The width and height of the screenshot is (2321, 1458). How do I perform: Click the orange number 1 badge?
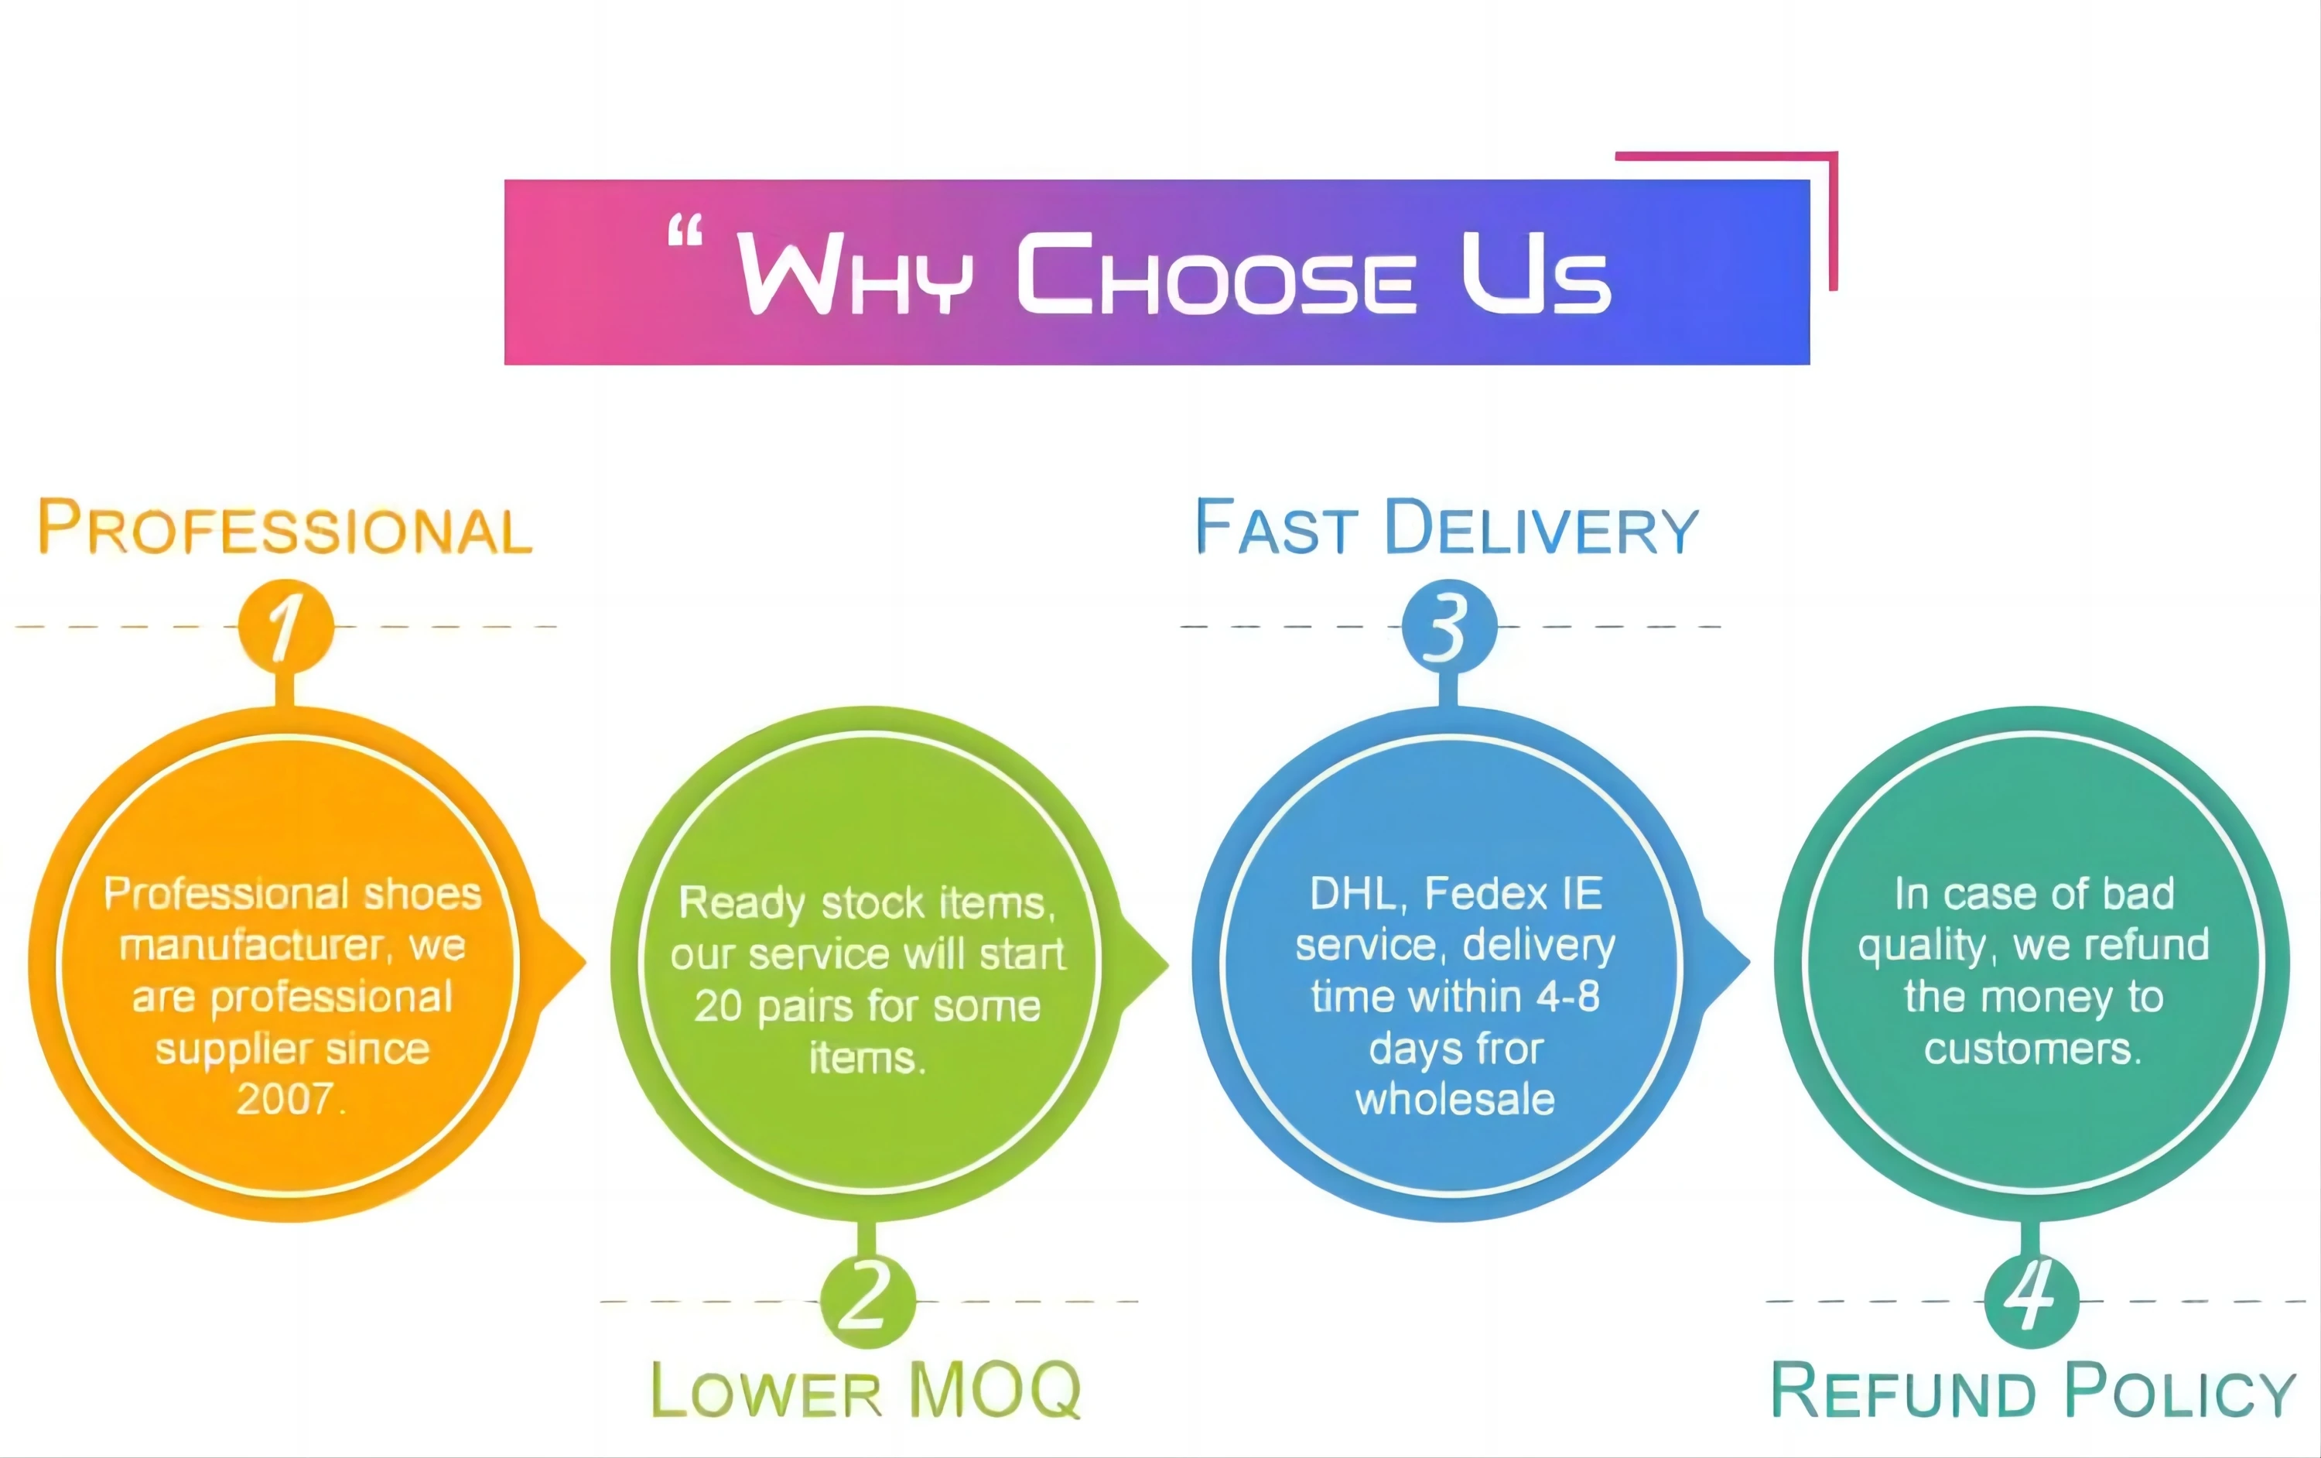[285, 627]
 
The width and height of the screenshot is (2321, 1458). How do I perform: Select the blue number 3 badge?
[1449, 627]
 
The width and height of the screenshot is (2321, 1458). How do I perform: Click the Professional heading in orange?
[285, 529]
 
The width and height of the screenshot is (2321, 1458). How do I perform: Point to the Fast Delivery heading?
[1446, 529]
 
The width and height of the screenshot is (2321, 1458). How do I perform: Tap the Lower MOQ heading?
[866, 1390]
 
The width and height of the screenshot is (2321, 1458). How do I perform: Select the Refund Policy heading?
[2032, 1390]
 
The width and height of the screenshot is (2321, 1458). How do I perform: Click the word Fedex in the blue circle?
[1485, 894]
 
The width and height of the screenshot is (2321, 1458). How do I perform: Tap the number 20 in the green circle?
[718, 1007]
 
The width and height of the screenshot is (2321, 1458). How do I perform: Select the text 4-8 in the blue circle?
[1567, 997]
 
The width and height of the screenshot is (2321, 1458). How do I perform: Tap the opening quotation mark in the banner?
[685, 232]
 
